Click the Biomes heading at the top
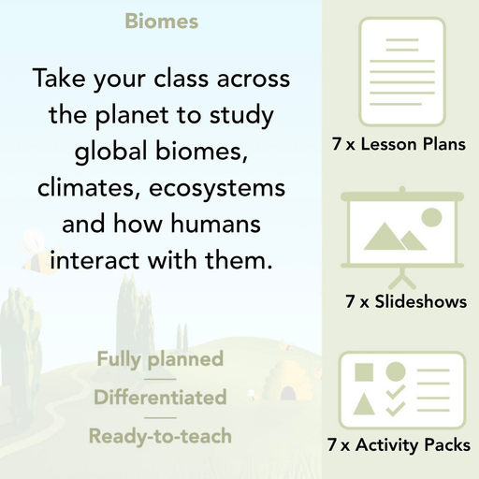pos(161,22)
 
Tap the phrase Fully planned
pos(160,358)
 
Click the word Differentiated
pos(160,397)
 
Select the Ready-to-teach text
pos(160,435)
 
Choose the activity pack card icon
pos(399,386)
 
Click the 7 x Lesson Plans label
pos(399,145)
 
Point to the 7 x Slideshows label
pos(406,302)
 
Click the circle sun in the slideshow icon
pos(431,218)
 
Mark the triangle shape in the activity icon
pos(366,403)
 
